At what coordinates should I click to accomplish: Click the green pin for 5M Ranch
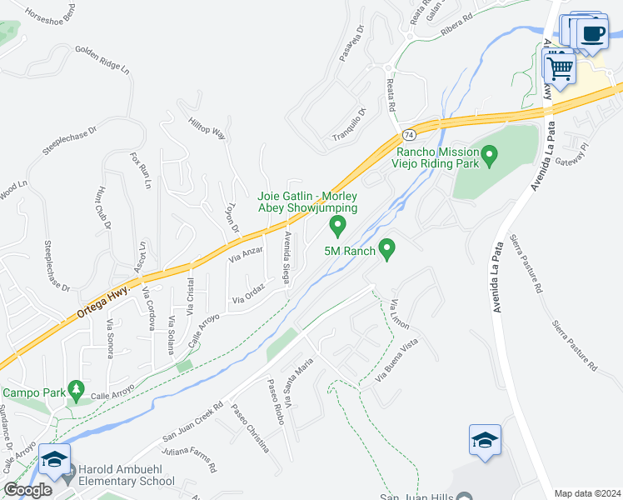pos(386,248)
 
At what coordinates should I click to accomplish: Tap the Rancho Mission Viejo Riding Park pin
pos(490,154)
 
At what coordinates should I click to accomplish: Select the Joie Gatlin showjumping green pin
pos(337,225)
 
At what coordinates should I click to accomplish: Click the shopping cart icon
pos(560,66)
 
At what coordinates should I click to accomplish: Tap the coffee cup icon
pos(592,34)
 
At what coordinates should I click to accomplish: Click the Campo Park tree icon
pos(76,389)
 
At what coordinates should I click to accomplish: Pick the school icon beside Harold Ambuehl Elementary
pos(54,460)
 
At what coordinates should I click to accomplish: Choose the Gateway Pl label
pos(573,153)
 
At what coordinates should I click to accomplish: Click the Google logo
pos(28,489)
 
